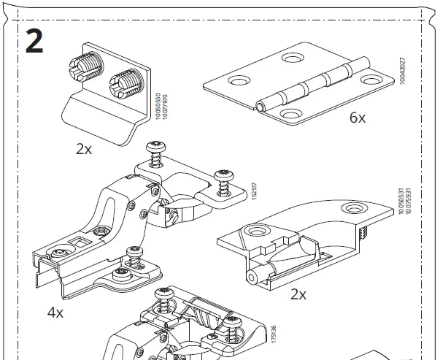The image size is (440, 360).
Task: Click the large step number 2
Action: pos(34,41)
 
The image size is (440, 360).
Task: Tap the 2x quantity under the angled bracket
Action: pos(84,149)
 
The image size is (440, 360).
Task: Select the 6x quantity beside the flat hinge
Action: pos(357,118)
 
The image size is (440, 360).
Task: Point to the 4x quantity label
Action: pos(55,313)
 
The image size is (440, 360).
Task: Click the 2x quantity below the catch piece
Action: pos(298,294)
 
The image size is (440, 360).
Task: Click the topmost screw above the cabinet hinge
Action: pos(155,147)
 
